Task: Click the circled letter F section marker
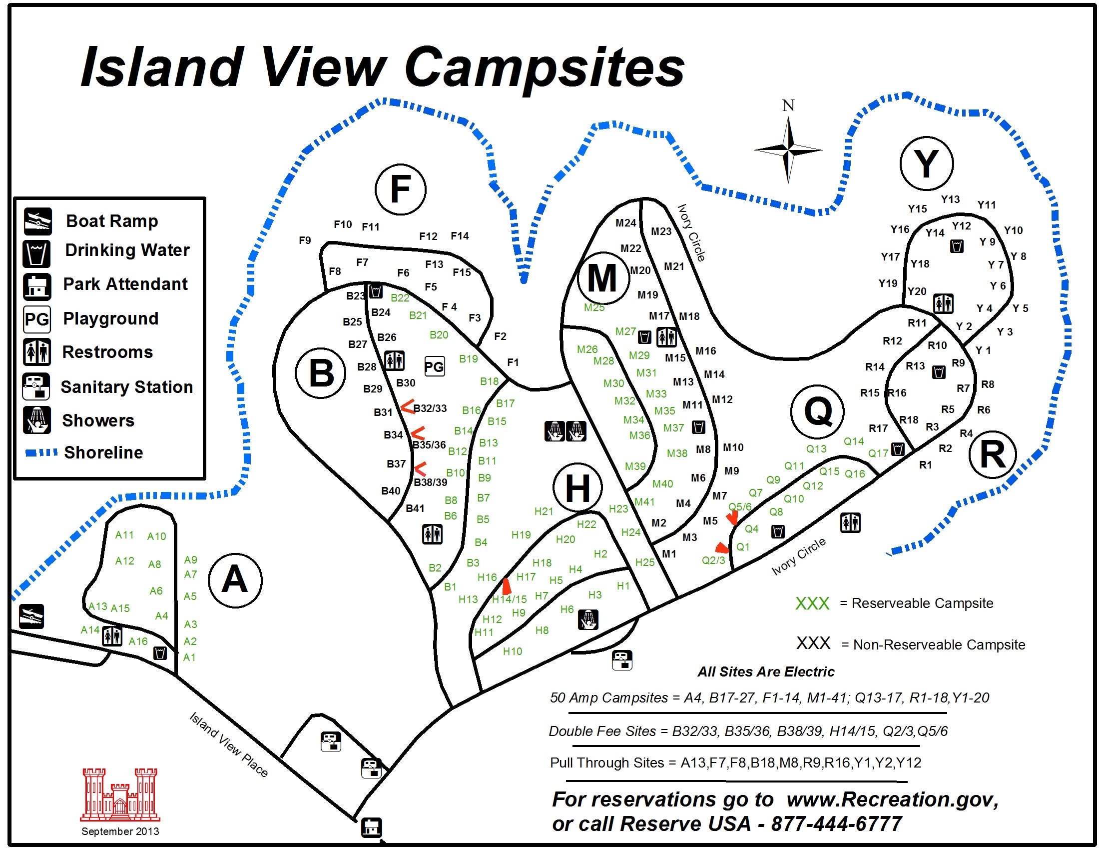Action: point(401,189)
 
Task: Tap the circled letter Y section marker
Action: point(926,163)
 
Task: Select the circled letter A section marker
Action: point(235,579)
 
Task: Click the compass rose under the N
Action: point(788,149)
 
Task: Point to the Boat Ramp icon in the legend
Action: point(38,221)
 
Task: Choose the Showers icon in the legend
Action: point(37,420)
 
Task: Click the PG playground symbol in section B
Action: point(434,366)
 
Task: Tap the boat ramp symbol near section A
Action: point(31,616)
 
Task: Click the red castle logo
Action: point(120,794)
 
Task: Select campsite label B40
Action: point(391,491)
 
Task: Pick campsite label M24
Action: point(626,223)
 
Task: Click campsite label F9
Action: point(305,240)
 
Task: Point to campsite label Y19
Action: point(888,283)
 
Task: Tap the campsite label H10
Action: point(513,651)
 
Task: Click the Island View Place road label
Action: point(229,745)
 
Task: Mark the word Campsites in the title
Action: point(545,68)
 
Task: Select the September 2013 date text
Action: point(120,831)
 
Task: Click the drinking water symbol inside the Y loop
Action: point(957,246)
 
